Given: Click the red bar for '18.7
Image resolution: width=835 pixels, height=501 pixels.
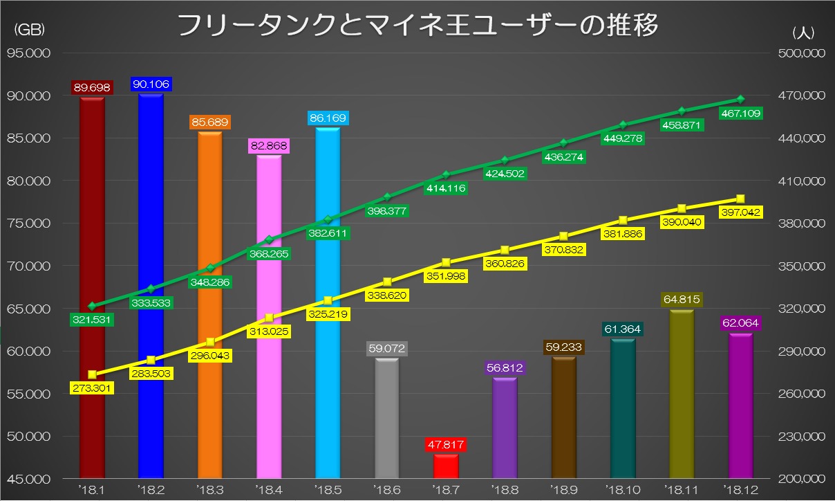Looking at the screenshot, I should point(446,465).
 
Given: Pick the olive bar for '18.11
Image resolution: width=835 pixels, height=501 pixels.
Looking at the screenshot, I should point(681,394).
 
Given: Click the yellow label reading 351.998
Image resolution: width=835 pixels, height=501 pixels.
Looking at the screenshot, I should point(446,276).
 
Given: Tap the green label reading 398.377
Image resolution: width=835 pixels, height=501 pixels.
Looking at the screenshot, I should point(387,210).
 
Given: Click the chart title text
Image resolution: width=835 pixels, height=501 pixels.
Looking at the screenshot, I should point(417,25).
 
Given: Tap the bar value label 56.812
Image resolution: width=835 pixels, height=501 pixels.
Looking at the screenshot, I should point(505,370).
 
